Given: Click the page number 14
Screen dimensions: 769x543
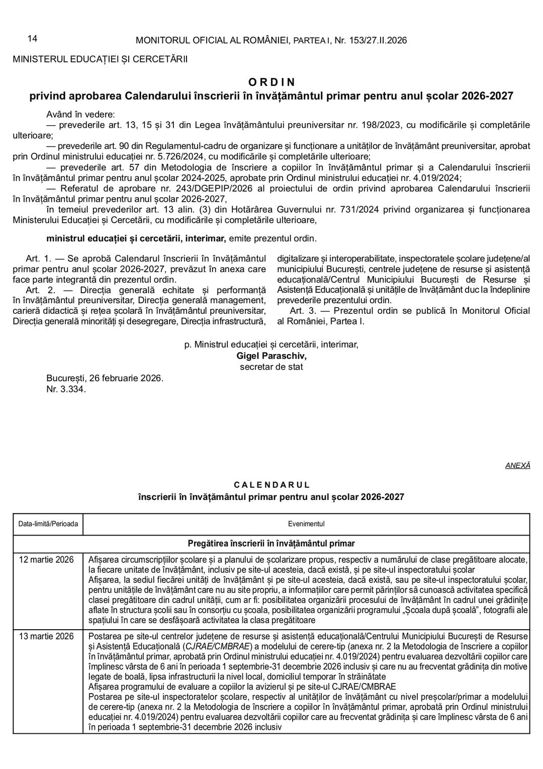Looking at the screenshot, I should [x=32, y=39].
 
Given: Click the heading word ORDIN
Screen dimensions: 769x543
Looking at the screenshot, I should [x=271, y=82].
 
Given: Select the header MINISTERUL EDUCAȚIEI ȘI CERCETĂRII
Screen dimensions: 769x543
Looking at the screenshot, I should [x=100, y=59].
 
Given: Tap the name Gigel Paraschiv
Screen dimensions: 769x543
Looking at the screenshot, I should [x=271, y=356].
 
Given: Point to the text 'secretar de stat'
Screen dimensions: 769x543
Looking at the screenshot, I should [x=271, y=367].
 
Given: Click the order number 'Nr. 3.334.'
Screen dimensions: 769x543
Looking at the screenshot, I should [x=66, y=389].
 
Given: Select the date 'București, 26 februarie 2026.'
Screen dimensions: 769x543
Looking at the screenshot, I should [x=105, y=378].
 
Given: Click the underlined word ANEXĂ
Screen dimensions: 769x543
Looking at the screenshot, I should [x=517, y=466].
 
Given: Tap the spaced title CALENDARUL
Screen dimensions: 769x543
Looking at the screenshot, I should [x=271, y=485].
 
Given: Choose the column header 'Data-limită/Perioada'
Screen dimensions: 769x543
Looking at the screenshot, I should [x=48, y=524].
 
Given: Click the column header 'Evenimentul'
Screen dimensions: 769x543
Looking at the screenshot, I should [x=306, y=524].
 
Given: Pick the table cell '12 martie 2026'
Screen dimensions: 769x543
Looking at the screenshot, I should [x=46, y=560].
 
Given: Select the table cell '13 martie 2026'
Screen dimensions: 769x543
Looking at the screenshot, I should [x=46, y=636].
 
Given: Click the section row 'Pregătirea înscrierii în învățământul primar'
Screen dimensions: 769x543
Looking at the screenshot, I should [x=271, y=544].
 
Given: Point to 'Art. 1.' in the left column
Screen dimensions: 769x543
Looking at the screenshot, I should [x=39, y=259].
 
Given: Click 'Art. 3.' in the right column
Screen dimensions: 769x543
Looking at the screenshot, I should [x=303, y=311].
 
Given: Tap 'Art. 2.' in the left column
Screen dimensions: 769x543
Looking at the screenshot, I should [x=40, y=290].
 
